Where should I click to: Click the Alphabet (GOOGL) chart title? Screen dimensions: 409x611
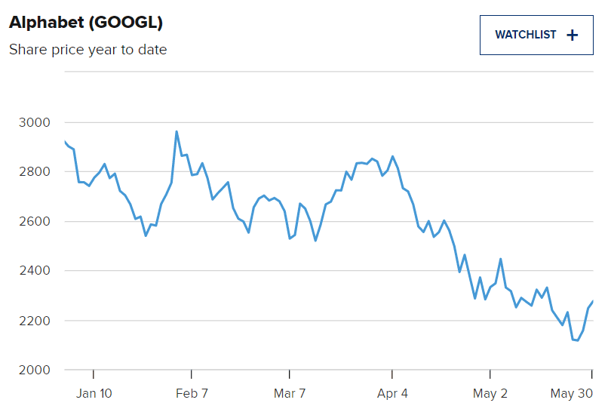point(86,23)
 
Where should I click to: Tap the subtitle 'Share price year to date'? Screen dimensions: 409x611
point(88,50)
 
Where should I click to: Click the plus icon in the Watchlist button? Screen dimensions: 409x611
point(572,35)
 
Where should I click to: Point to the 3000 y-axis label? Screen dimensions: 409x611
point(33,123)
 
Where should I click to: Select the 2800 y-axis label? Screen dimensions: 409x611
point(33,172)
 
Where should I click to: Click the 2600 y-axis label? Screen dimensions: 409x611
point(33,222)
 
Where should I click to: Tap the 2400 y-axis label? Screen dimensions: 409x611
point(33,271)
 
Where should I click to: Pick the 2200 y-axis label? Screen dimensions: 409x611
point(33,321)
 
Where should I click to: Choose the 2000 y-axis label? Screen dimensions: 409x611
point(33,370)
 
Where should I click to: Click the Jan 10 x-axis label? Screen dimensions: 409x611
point(94,393)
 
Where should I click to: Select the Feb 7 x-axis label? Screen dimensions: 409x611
point(192,393)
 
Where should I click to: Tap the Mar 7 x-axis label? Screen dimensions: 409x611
point(290,393)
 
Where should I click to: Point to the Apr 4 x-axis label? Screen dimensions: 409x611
point(392,393)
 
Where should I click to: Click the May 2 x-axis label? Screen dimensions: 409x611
point(490,393)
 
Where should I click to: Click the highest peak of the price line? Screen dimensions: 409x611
point(177,132)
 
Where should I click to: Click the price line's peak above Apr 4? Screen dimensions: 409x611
point(392,156)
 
